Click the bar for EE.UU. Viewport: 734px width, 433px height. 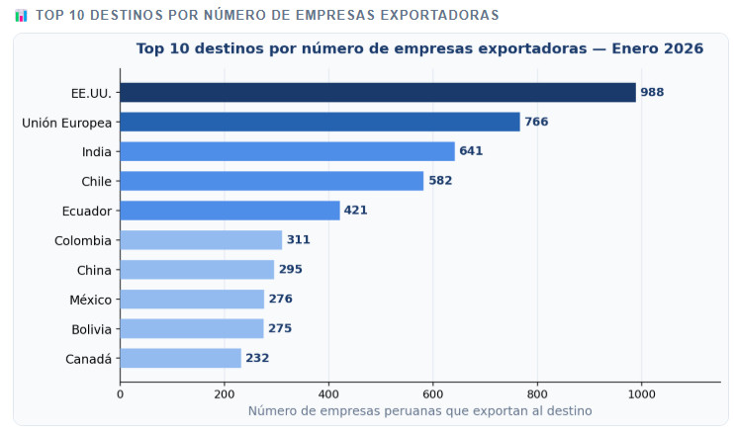point(378,92)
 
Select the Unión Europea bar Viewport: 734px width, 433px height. point(320,122)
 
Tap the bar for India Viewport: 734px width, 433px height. point(287,151)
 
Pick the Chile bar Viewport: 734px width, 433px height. point(272,181)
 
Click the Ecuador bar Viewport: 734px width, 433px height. point(229,211)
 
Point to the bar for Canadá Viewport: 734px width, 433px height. point(180,358)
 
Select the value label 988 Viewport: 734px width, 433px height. point(652,92)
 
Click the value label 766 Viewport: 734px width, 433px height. point(536,122)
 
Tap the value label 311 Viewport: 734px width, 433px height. point(298,240)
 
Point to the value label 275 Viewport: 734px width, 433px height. point(280,329)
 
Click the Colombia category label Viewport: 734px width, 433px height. point(83,240)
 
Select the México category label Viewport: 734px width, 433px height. point(87,300)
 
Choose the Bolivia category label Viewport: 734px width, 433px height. point(91,329)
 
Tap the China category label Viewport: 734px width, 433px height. point(94,270)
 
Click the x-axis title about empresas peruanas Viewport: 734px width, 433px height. point(419,410)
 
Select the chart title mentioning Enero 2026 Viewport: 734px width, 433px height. point(419,48)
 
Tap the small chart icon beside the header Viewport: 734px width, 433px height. point(21,15)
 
